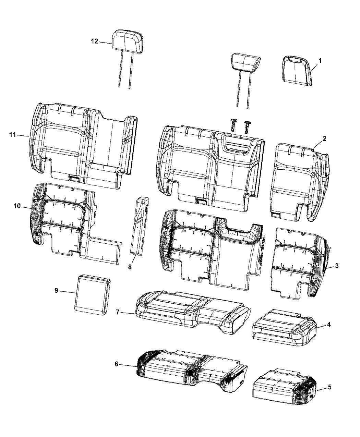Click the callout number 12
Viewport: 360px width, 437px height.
pyautogui.click(x=94, y=41)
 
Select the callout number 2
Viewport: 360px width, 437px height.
pyautogui.click(x=324, y=139)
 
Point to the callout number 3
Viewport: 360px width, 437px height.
pyautogui.click(x=337, y=265)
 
